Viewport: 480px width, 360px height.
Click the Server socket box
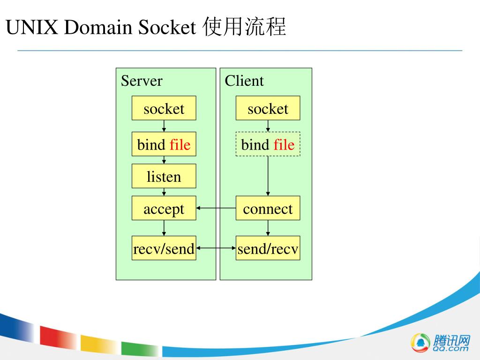tap(164, 108)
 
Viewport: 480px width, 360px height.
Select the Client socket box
tap(268, 108)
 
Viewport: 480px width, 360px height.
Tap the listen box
tap(164, 176)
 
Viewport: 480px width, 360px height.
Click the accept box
tap(164, 208)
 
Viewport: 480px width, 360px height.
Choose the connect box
tap(268, 208)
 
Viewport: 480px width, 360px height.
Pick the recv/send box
tap(164, 248)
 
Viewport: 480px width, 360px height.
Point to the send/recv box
tap(268, 248)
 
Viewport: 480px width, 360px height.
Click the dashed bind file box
tap(268, 144)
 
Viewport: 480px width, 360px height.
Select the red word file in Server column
tap(180, 144)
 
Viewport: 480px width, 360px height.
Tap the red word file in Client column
tap(284, 144)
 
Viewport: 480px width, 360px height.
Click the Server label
tap(142, 81)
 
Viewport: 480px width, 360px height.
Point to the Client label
tap(244, 81)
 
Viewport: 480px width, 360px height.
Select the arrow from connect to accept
tap(216, 208)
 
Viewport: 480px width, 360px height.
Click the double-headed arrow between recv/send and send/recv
tap(216, 248)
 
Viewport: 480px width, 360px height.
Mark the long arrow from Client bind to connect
tap(268, 176)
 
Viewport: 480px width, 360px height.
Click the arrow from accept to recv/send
tap(164, 228)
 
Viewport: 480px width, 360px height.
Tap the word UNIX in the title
tap(32, 28)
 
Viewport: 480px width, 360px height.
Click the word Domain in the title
tap(98, 28)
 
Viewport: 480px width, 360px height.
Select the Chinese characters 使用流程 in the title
tap(244, 27)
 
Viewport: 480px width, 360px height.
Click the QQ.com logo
tap(440, 343)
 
